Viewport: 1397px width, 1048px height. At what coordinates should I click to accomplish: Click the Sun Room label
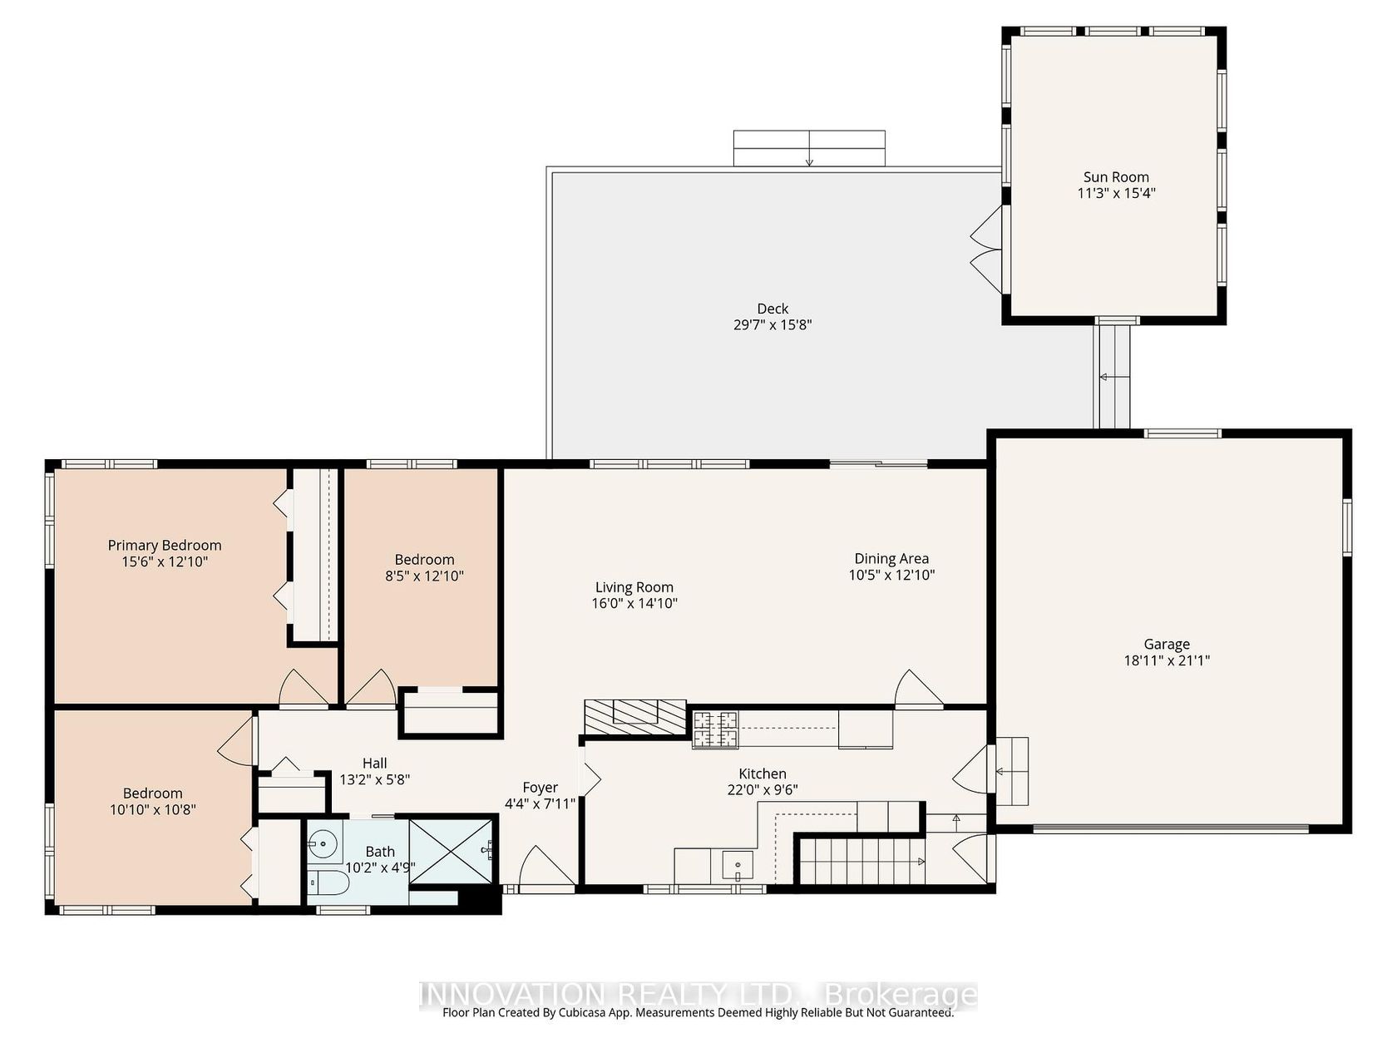pyautogui.click(x=1116, y=177)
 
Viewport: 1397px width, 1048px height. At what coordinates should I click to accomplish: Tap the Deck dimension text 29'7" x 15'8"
pyautogui.click(x=773, y=324)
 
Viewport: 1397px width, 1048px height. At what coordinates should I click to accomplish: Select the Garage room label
pyautogui.click(x=1166, y=644)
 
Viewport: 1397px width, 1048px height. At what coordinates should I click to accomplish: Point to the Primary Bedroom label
pyautogui.click(x=164, y=545)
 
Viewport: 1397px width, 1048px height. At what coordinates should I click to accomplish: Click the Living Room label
pyautogui.click(x=634, y=586)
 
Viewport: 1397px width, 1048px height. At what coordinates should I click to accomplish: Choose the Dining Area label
pyautogui.click(x=891, y=558)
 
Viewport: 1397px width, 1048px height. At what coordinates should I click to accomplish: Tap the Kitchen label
pyautogui.click(x=763, y=774)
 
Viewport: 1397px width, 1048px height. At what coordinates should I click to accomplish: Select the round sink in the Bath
pyautogui.click(x=323, y=844)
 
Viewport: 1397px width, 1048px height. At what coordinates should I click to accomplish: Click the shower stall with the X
pyautogui.click(x=452, y=851)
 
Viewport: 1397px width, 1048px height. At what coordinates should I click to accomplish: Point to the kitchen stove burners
pyautogui.click(x=715, y=729)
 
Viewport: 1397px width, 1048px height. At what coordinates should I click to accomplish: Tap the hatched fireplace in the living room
pyautogui.click(x=634, y=717)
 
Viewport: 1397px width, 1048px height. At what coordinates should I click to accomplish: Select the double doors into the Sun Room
pyautogui.click(x=985, y=250)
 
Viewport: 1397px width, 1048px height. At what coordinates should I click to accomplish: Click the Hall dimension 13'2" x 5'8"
pyautogui.click(x=375, y=779)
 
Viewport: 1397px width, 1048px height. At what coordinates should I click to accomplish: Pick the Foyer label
pyautogui.click(x=540, y=787)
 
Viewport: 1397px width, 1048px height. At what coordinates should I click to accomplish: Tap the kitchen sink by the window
pyautogui.click(x=738, y=865)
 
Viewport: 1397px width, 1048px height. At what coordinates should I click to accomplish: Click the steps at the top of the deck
pyautogui.click(x=809, y=149)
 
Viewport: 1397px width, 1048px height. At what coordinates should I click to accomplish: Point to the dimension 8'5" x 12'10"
pyautogui.click(x=424, y=576)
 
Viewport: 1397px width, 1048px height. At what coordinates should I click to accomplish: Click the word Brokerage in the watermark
pyautogui.click(x=901, y=994)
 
